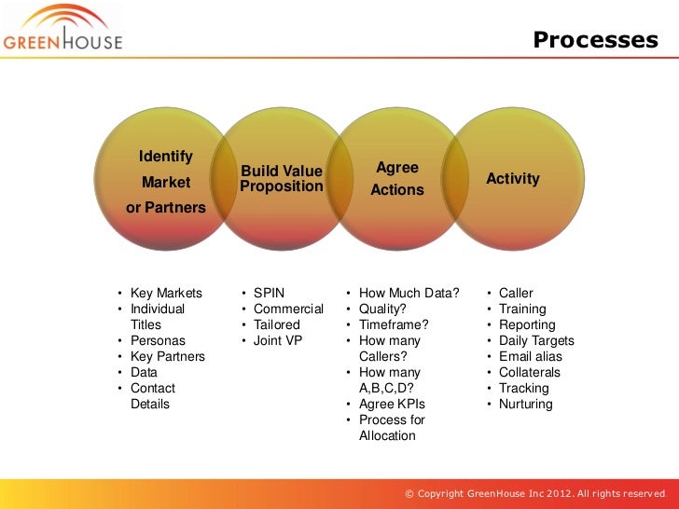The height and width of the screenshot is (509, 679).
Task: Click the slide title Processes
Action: pos(595,40)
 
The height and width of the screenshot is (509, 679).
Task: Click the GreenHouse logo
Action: pos(62,30)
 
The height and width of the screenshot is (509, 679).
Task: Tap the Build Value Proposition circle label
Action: pos(281,179)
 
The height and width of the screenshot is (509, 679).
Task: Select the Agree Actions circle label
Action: pos(397,179)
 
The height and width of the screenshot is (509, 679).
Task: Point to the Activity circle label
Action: pos(513,179)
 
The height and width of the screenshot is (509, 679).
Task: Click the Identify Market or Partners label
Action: pos(166,182)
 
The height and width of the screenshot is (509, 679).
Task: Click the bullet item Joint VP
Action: pos(278,341)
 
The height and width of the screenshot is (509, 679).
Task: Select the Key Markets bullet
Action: pos(166,294)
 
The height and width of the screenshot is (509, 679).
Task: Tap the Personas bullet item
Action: pos(158,341)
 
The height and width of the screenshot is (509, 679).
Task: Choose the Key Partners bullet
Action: pos(168,357)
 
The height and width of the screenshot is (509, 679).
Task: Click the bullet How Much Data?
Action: pos(409,294)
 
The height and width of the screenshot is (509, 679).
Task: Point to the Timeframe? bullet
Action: pos(394,325)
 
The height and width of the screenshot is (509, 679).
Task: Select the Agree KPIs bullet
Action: pos(392,405)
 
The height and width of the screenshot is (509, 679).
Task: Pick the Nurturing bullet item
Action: pos(526,405)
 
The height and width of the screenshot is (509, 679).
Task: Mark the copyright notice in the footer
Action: pos(535,492)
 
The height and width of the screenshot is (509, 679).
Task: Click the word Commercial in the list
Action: pos(288,310)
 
